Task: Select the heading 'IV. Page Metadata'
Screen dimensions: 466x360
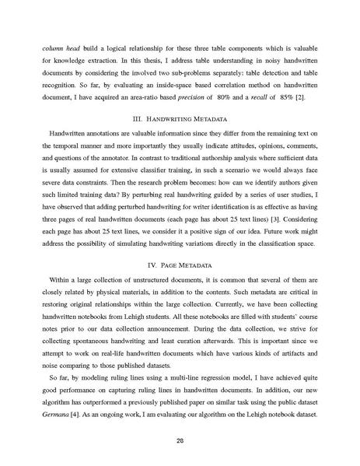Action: click(180, 265)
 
